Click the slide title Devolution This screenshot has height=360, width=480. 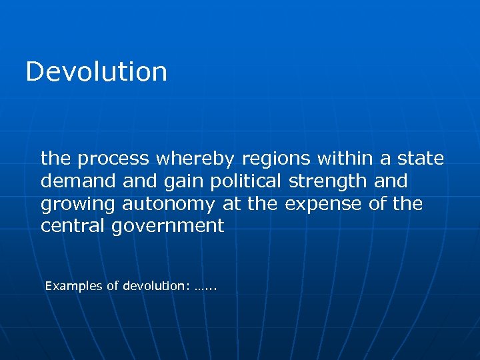point(96,71)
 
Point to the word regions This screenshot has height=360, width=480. point(276,159)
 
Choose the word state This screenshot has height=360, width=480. point(419,159)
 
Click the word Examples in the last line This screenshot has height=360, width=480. point(73,286)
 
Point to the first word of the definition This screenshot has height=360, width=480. point(56,159)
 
